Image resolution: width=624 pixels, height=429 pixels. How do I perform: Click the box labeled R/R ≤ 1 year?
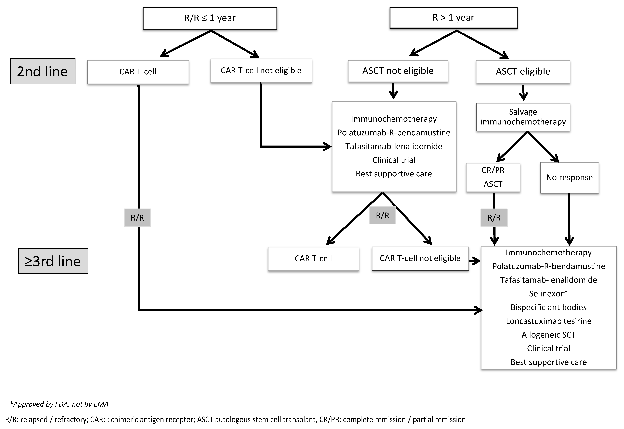coord(210,18)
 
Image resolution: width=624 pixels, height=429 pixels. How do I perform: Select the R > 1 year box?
coord(453,18)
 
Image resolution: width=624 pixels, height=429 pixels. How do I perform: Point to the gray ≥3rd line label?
coord(53,261)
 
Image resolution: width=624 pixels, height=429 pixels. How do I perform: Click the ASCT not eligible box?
coord(398,71)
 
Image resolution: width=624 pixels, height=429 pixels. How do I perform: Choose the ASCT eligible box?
coord(523,71)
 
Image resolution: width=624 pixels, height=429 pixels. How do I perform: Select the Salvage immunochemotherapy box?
coord(523,117)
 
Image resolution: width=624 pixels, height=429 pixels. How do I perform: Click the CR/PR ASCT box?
coord(493,177)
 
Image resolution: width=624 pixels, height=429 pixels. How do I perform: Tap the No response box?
coord(569,178)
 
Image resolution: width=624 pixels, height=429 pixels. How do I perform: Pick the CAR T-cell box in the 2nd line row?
coord(138,72)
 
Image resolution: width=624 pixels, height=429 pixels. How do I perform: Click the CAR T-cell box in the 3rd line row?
coord(313,259)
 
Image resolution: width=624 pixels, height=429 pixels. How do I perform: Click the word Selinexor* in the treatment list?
coord(548,293)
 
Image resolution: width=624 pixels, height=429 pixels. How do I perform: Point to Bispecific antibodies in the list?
coord(548,307)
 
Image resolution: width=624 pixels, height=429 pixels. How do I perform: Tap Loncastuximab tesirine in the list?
coord(548,321)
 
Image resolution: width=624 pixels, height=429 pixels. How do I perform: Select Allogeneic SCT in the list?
coord(548,335)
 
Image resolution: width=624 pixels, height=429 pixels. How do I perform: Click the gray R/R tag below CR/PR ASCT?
coord(494,218)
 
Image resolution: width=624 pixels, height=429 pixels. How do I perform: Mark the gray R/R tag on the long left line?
coord(137,218)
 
